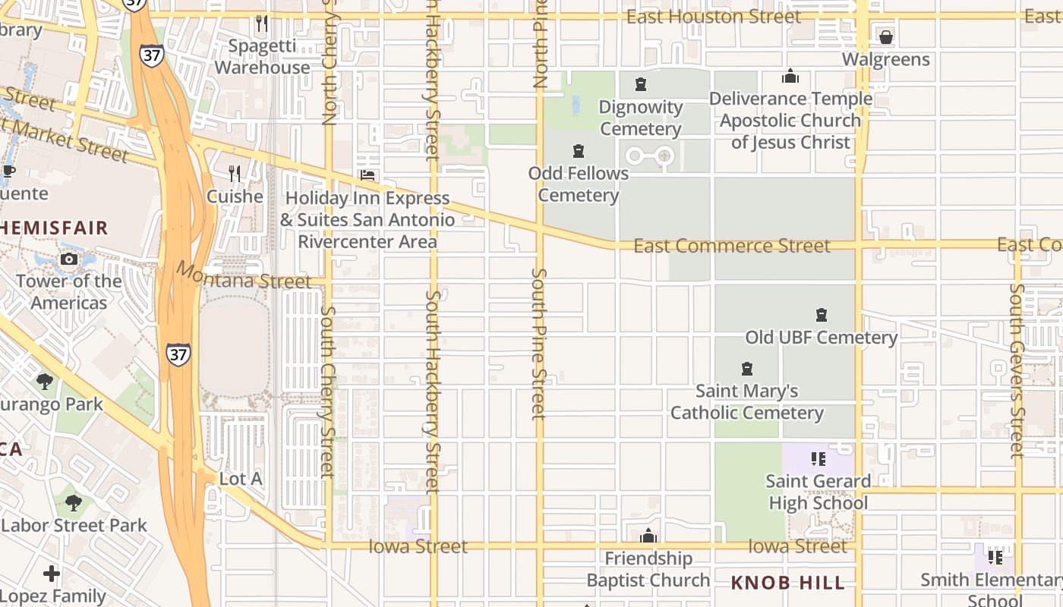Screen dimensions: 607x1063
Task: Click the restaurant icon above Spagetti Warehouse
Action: pos(262,24)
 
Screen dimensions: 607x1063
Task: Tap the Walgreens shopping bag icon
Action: pos(885,37)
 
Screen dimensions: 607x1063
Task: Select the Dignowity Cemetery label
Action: pos(641,118)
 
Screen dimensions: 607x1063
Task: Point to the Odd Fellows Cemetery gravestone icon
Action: pos(579,151)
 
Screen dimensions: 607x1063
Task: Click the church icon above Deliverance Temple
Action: pos(790,77)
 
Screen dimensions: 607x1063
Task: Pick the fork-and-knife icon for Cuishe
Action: pos(235,174)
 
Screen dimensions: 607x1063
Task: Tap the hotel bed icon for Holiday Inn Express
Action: pos(367,175)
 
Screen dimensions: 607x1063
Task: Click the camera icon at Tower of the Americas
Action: pos(69,259)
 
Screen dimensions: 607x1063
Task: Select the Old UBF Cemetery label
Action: pos(821,337)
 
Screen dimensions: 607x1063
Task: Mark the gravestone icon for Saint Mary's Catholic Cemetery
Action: pos(747,370)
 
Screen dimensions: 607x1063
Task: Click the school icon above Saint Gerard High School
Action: pos(818,459)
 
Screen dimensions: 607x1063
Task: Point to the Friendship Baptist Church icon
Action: pos(648,537)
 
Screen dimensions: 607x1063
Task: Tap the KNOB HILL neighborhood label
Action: pos(787,583)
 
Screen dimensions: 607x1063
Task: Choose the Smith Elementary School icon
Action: pos(995,558)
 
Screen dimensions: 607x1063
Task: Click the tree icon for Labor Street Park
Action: pos(74,502)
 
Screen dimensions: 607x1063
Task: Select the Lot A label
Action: pos(240,479)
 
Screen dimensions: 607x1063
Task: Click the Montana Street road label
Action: pos(244,276)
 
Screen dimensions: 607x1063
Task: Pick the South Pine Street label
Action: pos(538,343)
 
